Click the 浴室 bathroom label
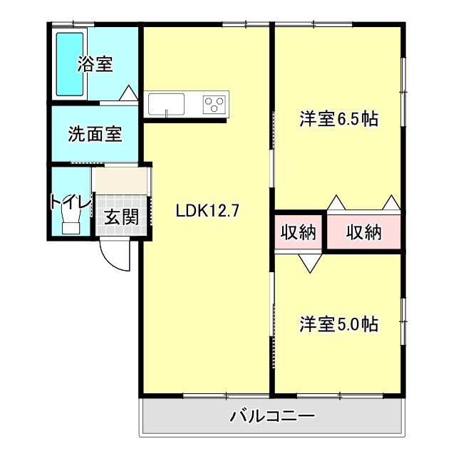(x=95, y=64)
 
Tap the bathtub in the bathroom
(x=71, y=64)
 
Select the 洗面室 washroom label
(x=95, y=134)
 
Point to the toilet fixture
(x=71, y=224)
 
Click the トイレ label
(x=71, y=203)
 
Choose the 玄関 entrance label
(x=121, y=217)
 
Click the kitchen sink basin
(x=167, y=105)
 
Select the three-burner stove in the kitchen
(x=214, y=105)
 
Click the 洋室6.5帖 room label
(x=338, y=119)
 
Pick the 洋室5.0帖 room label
(x=338, y=324)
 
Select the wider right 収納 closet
(x=364, y=232)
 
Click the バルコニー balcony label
(x=271, y=416)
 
